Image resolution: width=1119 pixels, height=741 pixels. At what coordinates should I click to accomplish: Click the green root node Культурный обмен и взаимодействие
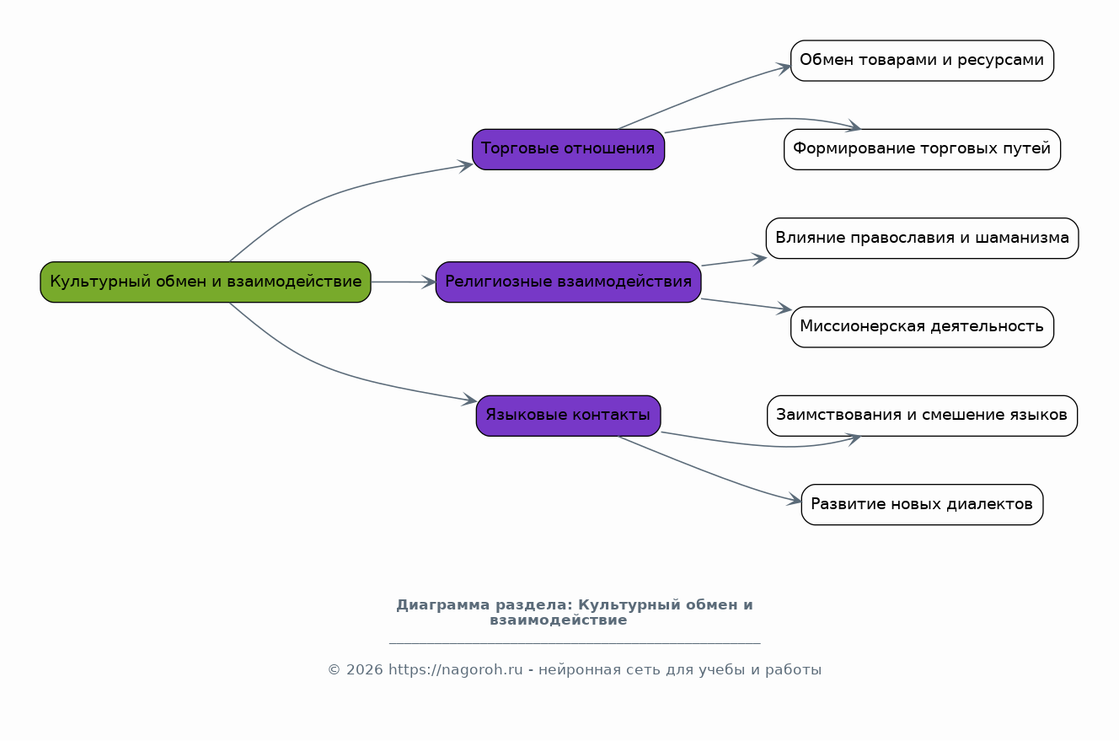tap(206, 282)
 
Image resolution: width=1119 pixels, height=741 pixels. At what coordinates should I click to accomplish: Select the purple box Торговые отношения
tap(568, 149)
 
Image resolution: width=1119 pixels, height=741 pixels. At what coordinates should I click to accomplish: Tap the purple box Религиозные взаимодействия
tap(568, 282)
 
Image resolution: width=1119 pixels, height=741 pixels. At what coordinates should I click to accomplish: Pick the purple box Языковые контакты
tap(568, 416)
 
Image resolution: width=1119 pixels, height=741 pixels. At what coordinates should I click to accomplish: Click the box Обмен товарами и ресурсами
tap(922, 61)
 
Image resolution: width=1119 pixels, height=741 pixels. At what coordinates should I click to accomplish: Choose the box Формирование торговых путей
tap(922, 149)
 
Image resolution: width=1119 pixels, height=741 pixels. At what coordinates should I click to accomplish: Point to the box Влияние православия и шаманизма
tap(922, 238)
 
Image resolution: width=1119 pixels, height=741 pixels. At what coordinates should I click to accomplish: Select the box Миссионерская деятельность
tap(922, 327)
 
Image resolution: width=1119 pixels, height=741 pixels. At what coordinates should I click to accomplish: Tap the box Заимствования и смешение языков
tap(922, 416)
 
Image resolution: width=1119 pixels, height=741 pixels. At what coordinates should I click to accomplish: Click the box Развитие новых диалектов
tap(922, 504)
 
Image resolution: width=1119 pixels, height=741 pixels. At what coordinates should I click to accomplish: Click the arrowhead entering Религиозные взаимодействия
tap(430, 282)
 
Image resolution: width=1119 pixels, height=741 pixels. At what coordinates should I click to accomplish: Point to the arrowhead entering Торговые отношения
tap(466, 165)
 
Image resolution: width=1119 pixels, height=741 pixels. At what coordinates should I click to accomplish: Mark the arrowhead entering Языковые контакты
tap(469, 400)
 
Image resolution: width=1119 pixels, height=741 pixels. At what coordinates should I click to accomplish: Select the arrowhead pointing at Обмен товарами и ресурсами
tap(784, 68)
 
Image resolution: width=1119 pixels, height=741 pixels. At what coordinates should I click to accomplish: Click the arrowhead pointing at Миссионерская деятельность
tap(784, 309)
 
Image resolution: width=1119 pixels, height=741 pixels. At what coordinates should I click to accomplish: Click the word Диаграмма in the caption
tap(443, 604)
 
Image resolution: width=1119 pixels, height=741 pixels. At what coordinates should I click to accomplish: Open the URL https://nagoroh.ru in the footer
tap(456, 669)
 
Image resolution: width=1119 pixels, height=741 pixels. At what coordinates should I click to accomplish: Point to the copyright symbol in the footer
tap(334, 670)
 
